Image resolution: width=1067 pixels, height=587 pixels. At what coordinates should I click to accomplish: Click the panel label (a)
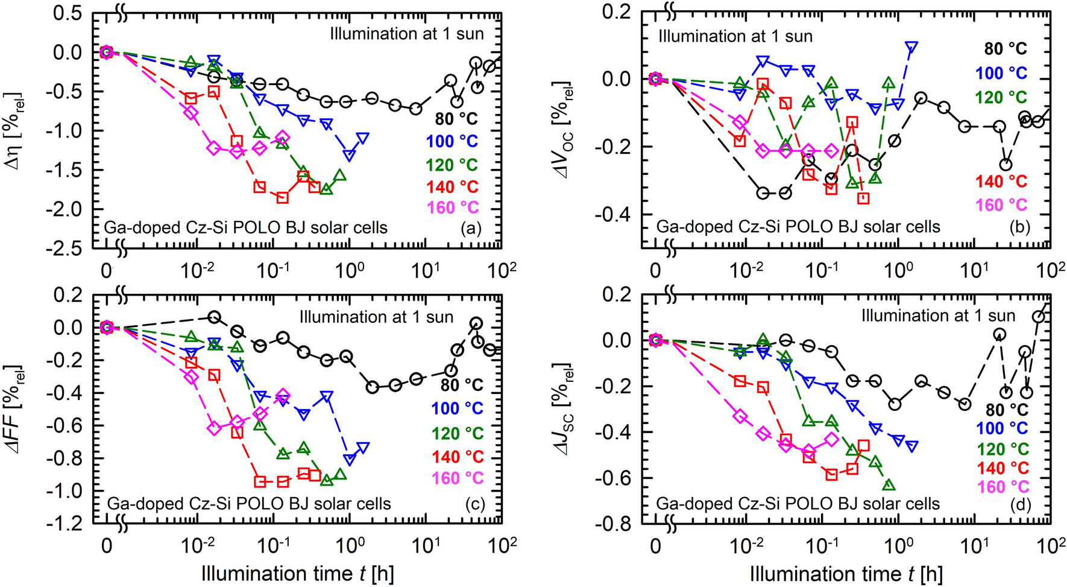pos(470,229)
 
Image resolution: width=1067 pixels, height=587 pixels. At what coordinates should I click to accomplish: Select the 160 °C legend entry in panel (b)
pos(1001,205)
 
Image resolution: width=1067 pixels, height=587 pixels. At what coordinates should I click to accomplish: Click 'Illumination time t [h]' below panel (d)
pos(846,573)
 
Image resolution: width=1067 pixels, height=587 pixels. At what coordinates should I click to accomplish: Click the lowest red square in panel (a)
pos(282,197)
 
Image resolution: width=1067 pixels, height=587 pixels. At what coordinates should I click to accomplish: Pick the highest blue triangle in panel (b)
pos(911,46)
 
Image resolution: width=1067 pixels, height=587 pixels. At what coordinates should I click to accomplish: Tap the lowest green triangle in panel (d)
pos(889,484)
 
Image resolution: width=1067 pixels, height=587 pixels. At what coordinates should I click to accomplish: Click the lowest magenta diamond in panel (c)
pos(213,428)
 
